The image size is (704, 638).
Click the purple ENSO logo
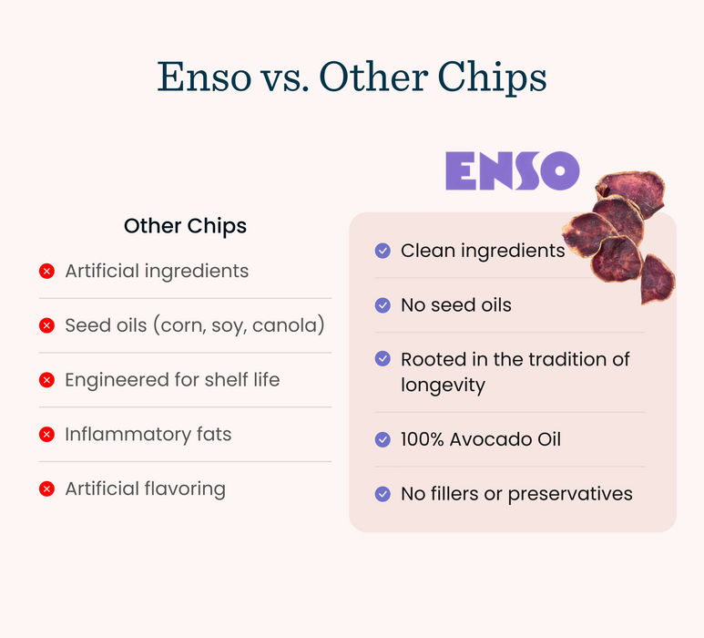[512, 170]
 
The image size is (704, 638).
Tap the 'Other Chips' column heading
[185, 226]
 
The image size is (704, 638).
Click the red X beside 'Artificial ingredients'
[46, 271]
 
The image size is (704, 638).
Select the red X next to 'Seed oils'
[46, 325]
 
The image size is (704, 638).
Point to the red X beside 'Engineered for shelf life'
[46, 380]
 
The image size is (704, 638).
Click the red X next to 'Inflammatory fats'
[46, 435]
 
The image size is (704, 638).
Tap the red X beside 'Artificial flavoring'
[46, 489]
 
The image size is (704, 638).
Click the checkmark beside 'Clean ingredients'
[383, 251]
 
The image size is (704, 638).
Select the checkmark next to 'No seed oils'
[383, 305]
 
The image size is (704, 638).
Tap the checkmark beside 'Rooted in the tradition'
[383, 358]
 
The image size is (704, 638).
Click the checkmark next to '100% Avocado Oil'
[383, 439]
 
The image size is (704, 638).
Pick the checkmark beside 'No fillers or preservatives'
[383, 494]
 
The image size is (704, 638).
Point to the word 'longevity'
[443, 386]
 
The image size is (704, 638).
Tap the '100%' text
[423, 439]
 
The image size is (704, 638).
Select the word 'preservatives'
[570, 495]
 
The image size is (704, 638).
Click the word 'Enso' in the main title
[204, 77]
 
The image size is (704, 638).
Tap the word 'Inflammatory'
[128, 435]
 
